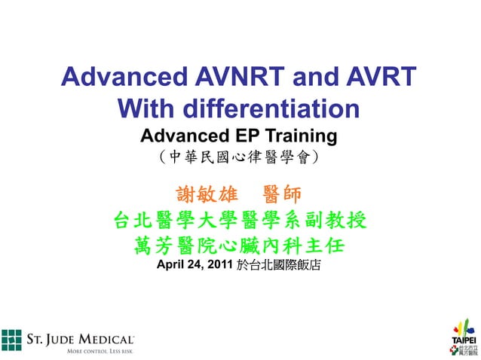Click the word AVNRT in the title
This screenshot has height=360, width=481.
240,78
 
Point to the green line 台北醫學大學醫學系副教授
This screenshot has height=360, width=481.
239,221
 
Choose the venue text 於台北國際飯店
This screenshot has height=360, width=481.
279,265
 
